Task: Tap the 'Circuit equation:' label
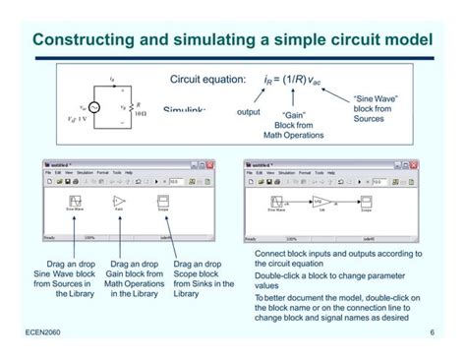click(x=207, y=78)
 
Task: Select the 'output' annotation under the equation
click(x=249, y=111)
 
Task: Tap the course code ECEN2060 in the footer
click(x=44, y=333)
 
